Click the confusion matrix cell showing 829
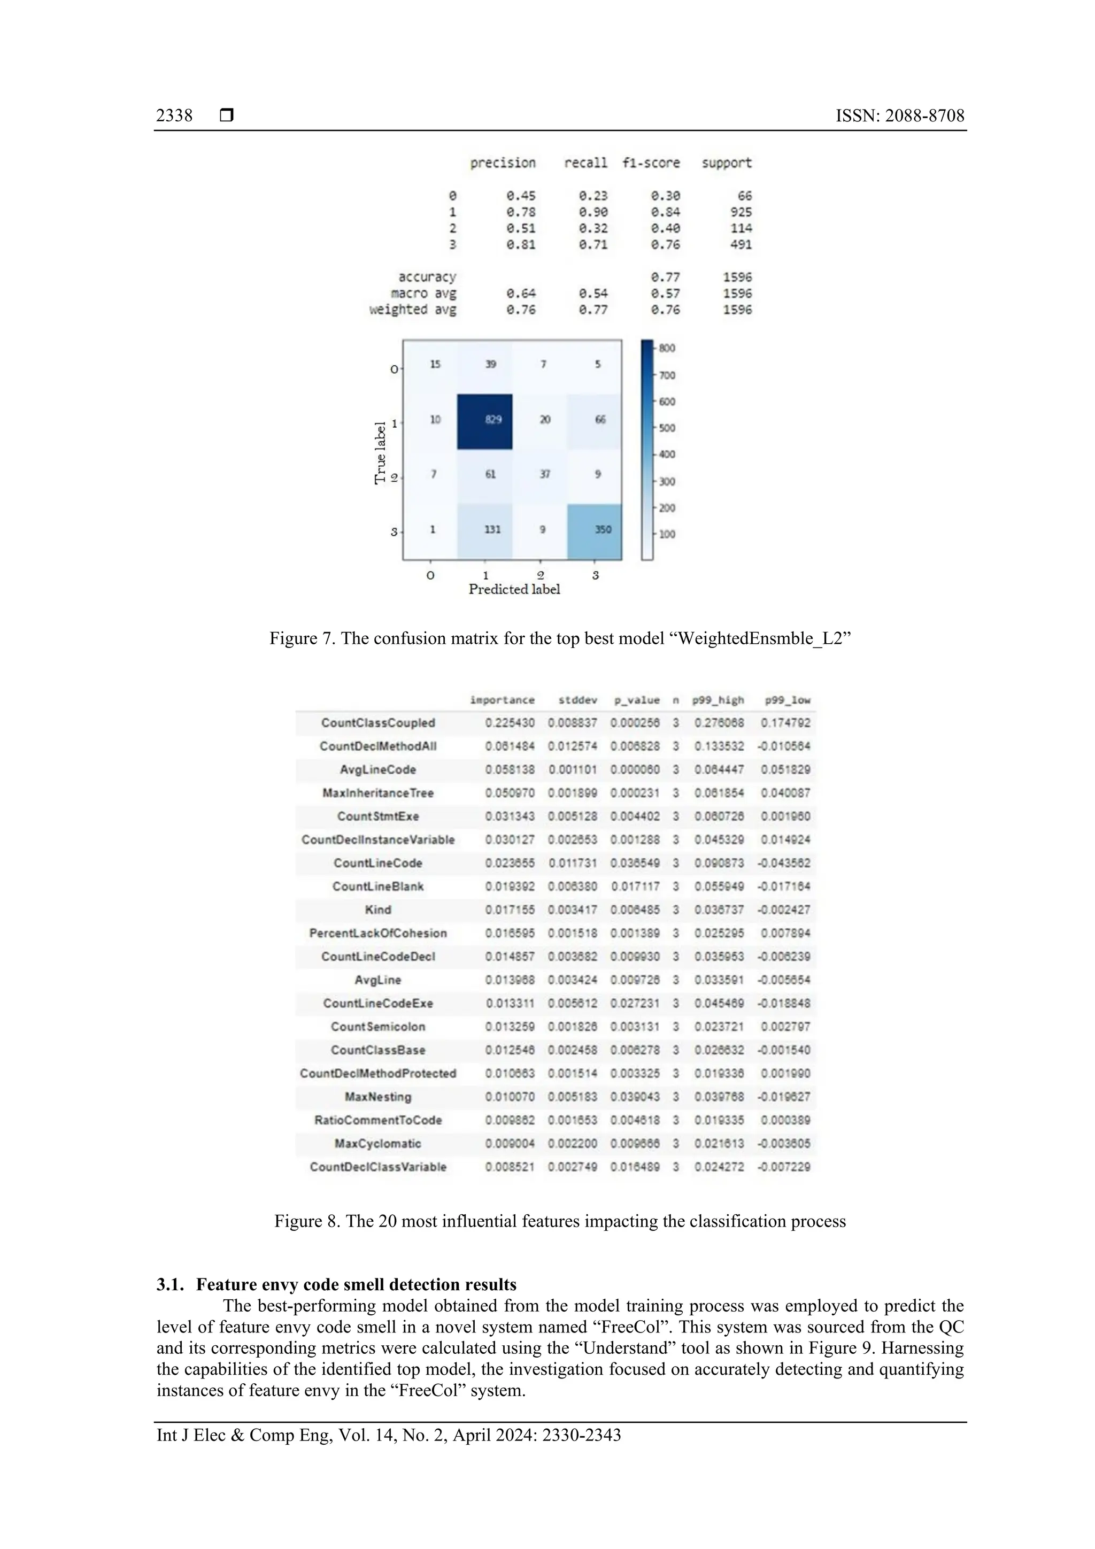(x=492, y=420)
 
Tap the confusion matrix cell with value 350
(x=603, y=529)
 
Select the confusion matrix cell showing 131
(x=492, y=529)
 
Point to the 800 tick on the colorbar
(x=667, y=348)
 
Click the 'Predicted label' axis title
(x=514, y=589)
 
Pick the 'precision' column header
(x=503, y=163)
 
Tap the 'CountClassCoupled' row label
(x=378, y=722)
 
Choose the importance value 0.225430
(x=510, y=722)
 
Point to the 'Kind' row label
(x=378, y=910)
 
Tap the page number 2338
(x=174, y=116)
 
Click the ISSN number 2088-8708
(x=924, y=116)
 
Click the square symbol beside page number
(x=227, y=116)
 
